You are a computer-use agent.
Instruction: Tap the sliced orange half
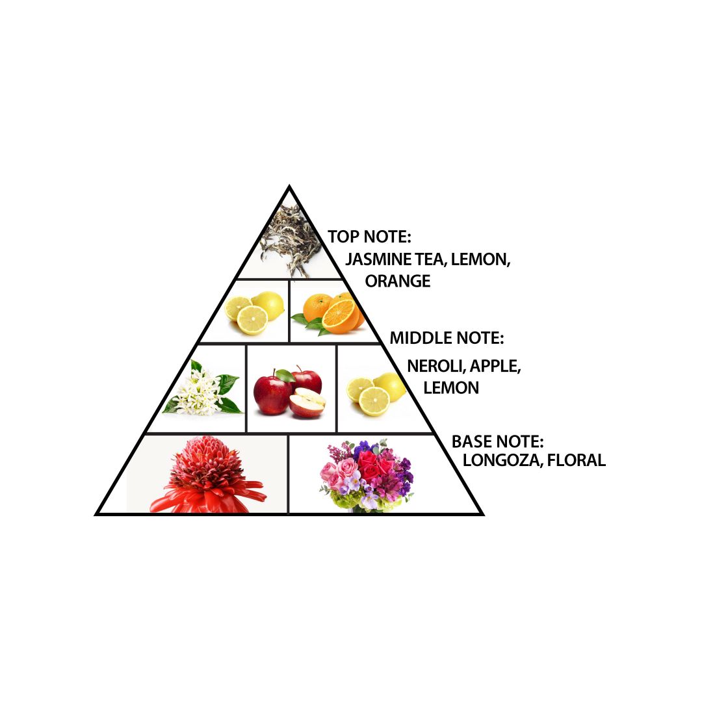tap(340, 316)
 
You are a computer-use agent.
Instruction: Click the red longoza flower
tap(207, 474)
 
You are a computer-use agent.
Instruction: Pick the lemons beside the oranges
tap(254, 313)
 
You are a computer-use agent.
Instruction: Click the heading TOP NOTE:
tap(369, 237)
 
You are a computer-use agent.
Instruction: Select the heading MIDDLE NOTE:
tap(447, 338)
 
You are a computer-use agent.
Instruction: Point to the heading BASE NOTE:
tap(497, 442)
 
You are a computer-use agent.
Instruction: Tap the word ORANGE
tap(398, 281)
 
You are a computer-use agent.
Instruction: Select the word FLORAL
tap(576, 460)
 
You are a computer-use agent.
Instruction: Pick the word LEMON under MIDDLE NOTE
tap(451, 387)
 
